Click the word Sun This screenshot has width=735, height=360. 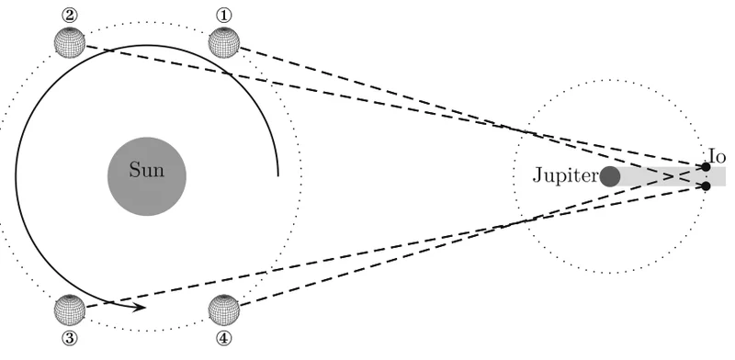pos(147,170)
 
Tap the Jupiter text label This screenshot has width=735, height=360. pos(566,175)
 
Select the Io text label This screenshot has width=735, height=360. pos(718,156)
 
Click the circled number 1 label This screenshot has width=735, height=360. pos(223,16)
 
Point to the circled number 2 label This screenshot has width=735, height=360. pos(70,16)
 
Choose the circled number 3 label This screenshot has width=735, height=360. pos(70,338)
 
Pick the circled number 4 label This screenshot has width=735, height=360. pos(223,338)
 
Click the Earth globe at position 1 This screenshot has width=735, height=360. pos(223,42)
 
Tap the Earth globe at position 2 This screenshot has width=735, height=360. pos(70,42)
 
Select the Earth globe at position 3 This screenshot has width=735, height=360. pos(70,309)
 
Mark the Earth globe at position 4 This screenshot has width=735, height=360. pos(223,309)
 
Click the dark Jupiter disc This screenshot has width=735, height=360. pos(610,176)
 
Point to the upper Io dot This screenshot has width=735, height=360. pos(706,167)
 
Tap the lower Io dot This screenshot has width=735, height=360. pos(706,186)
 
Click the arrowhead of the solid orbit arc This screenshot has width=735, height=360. pos(140,308)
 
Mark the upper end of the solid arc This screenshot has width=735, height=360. pos(278,175)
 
